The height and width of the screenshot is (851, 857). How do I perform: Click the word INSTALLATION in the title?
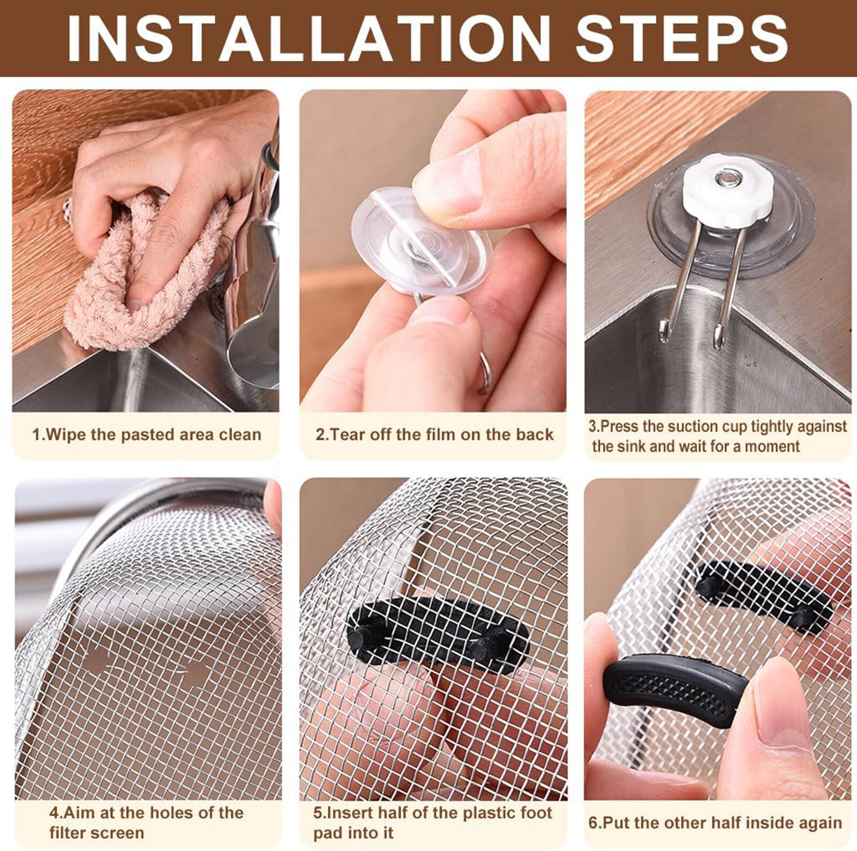coord(309,38)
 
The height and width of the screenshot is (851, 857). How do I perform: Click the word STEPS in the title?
coord(682,38)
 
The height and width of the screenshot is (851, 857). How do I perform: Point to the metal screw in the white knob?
coord(727,175)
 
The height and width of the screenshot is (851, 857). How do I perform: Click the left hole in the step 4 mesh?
coord(96,661)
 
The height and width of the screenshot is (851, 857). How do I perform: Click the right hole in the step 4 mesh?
coord(193,673)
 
